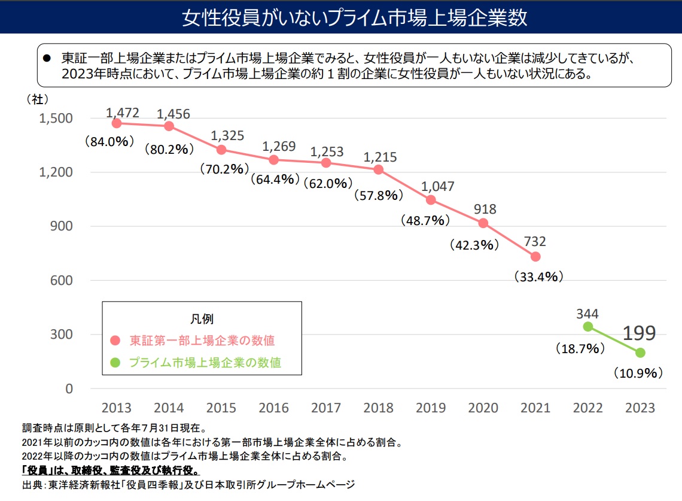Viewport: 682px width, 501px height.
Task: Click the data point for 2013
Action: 117,123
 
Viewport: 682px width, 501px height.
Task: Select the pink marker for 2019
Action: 431,200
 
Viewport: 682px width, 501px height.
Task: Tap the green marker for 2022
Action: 588,326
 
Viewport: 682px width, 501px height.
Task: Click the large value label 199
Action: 640,333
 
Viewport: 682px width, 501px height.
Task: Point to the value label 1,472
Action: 123,112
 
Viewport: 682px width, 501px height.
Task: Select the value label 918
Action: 484,209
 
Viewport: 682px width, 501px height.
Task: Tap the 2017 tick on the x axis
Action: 326,408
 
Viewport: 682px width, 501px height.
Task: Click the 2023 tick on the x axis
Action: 640,408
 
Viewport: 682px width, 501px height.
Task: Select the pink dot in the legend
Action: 116,341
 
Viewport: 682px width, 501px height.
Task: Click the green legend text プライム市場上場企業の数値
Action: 205,363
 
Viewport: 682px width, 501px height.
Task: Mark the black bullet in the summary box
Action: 48,59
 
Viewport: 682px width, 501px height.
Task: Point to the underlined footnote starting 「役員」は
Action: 111,471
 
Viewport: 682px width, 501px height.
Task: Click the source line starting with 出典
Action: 188,484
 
